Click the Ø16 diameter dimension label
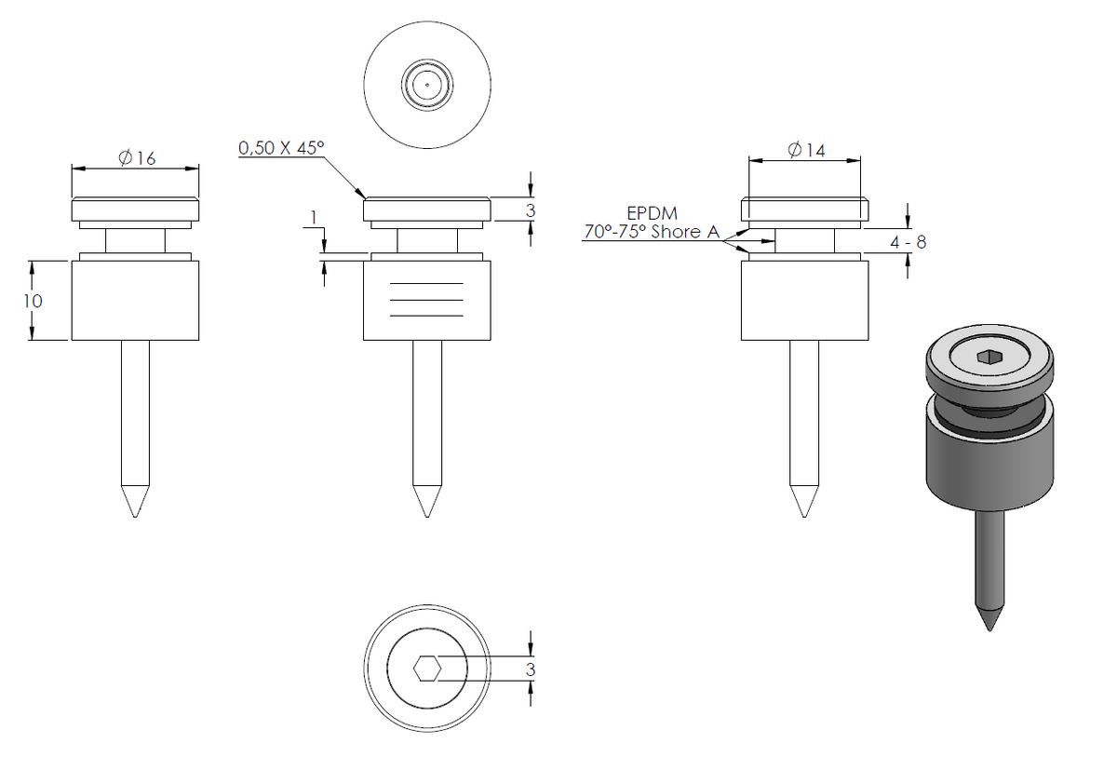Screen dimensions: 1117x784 [137, 157]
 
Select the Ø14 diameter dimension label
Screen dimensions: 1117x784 [806, 150]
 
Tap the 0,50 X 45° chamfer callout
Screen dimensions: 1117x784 [281, 148]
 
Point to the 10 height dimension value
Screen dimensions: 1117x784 [33, 301]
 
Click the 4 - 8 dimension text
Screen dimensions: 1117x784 [908, 242]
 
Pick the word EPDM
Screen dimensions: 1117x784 [652, 213]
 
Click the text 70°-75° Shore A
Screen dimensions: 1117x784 [652, 232]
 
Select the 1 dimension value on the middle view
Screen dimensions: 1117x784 [313, 218]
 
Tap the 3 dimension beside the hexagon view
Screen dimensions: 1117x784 [530, 669]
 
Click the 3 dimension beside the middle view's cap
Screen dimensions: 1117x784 [530, 210]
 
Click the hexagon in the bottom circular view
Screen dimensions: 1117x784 [427, 669]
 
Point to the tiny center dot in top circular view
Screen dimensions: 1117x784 [427, 85]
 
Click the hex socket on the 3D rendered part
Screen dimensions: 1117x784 [989, 357]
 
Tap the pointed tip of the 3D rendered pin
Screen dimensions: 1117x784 [989, 631]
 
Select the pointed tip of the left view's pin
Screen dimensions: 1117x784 [135, 517]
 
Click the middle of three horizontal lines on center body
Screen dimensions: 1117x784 [426, 300]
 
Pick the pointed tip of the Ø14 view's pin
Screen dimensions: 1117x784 [804, 517]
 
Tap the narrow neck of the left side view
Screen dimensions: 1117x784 [135, 241]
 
